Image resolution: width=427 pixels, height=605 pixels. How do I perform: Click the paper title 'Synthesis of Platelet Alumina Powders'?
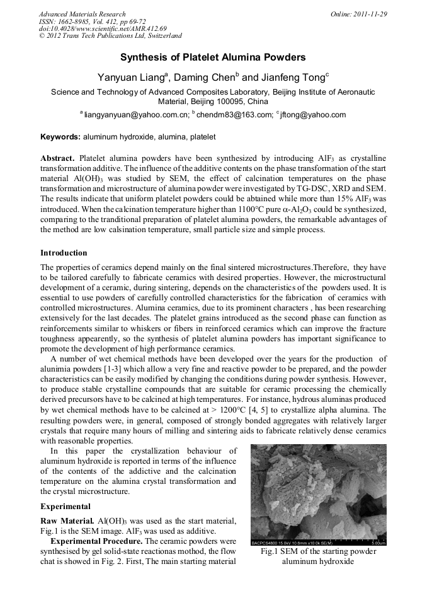pyautogui.click(x=213, y=57)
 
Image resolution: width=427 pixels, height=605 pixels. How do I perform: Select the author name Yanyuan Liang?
pyautogui.click(x=131, y=78)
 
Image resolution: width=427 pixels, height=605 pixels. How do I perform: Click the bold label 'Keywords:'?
pyautogui.click(x=60, y=136)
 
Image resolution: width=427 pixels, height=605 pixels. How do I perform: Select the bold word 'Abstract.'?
pyautogui.click(x=57, y=158)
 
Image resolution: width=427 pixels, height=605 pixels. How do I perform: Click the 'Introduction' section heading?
pyautogui.click(x=64, y=253)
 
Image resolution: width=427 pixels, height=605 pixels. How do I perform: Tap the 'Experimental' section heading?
pyautogui.click(x=65, y=506)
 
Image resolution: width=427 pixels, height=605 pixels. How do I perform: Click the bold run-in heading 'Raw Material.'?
pyautogui.click(x=68, y=519)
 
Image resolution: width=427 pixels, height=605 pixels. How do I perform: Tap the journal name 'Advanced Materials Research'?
pyautogui.click(x=82, y=14)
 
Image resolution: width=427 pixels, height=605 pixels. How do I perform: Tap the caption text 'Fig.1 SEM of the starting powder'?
pyautogui.click(x=319, y=551)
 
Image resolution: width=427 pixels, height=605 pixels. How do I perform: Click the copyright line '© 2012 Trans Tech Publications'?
pyautogui.click(x=110, y=37)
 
